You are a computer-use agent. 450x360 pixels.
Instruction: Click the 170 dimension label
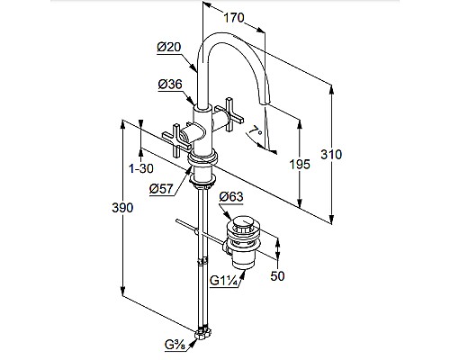[x=234, y=18]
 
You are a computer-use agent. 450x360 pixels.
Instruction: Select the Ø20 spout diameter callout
[x=169, y=47]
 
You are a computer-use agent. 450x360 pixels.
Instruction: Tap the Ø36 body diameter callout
[x=170, y=85]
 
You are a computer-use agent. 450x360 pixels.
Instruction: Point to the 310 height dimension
[x=331, y=155]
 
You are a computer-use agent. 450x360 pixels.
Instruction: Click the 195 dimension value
[x=300, y=164]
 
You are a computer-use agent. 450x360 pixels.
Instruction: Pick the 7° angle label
[x=256, y=131]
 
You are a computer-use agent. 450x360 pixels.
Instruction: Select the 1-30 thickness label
[x=141, y=168]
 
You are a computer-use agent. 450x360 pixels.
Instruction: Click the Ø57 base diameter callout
[x=162, y=188]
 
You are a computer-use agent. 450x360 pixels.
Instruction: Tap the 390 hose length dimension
[x=122, y=208]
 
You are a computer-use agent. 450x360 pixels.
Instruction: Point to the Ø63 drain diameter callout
[x=231, y=197]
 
